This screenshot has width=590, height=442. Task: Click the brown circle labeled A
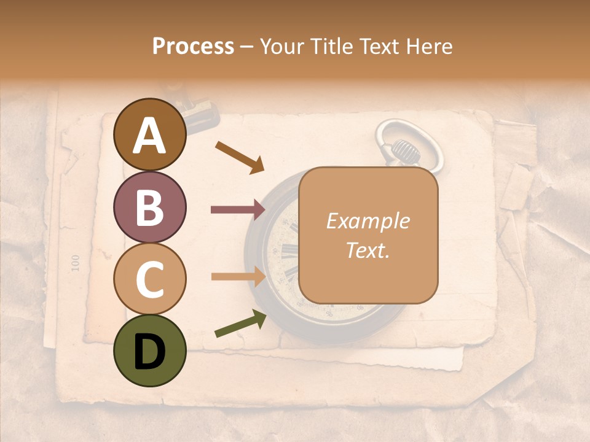pos(150,134)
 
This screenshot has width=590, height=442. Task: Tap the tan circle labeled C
pos(150,279)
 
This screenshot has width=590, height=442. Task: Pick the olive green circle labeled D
pos(150,351)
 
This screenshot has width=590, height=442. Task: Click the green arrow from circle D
pos(240,324)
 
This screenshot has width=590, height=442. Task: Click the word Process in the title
pos(193,47)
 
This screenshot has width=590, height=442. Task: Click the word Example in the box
pos(368,221)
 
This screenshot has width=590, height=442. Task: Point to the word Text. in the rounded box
pos(368,250)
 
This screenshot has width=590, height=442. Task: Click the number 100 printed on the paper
pos(76,263)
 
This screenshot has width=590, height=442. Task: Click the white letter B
pos(150,207)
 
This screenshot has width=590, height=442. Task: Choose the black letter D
pos(150,351)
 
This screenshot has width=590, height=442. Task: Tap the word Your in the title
pos(281,47)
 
